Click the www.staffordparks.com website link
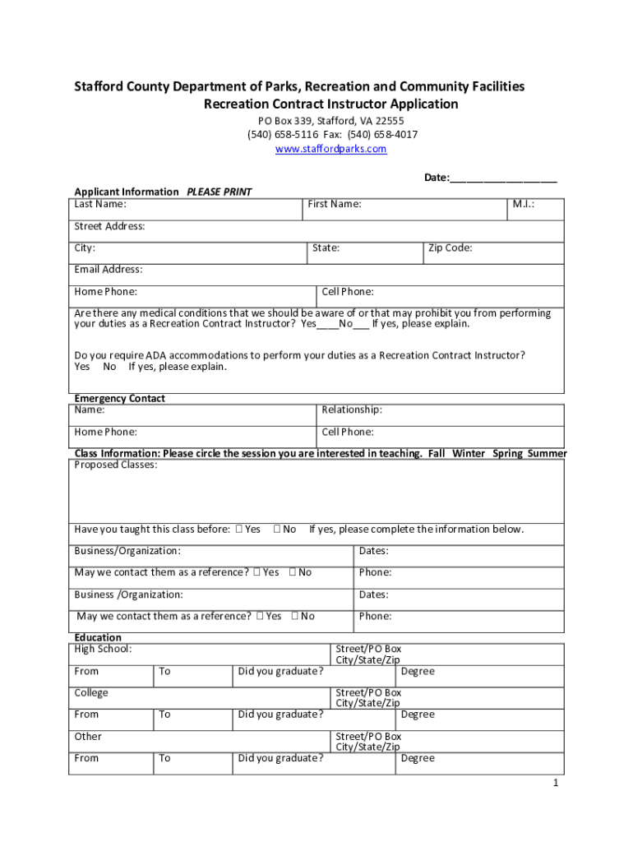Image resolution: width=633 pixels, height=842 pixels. (x=330, y=149)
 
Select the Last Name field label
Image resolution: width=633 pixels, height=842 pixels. (x=99, y=204)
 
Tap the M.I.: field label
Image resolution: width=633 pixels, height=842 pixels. (x=524, y=204)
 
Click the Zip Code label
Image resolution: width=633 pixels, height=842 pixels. (x=450, y=248)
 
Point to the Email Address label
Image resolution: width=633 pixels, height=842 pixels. (x=108, y=269)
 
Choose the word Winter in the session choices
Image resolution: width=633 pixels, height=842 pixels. (x=469, y=453)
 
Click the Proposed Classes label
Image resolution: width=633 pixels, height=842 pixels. (x=116, y=465)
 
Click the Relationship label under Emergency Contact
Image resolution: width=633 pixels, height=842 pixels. (x=352, y=409)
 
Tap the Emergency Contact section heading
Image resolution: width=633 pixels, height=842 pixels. (x=119, y=398)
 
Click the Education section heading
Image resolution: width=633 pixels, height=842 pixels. (x=98, y=637)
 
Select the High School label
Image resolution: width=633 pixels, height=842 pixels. (x=103, y=649)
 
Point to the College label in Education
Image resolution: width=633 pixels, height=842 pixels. (x=91, y=692)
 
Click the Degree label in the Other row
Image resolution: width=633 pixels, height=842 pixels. (x=418, y=758)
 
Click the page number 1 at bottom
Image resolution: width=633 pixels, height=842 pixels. (x=556, y=783)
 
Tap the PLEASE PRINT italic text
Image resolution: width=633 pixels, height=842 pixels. (x=219, y=192)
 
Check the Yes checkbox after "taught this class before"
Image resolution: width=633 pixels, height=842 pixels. (x=238, y=530)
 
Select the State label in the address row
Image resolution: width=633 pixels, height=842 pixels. (x=326, y=248)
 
